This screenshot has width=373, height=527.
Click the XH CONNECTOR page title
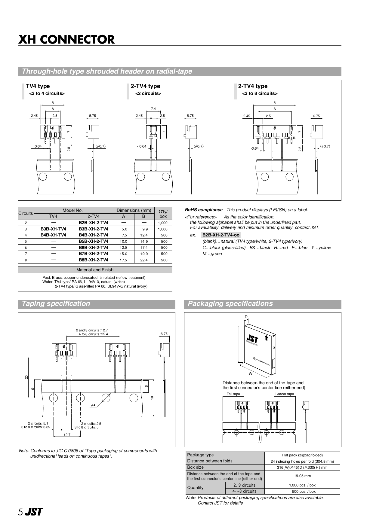coord(66,39)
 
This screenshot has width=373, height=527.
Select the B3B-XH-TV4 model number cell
coord(53,229)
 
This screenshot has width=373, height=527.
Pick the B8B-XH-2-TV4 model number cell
coord(94,260)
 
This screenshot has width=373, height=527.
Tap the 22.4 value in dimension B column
coord(144,260)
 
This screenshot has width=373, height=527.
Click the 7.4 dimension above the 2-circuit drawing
coord(153,109)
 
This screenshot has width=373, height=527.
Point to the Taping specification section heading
coord(56,303)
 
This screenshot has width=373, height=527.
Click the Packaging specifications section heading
coord(230,303)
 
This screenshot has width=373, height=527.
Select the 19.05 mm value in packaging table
coord(302,476)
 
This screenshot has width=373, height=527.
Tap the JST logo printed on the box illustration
coord(252,340)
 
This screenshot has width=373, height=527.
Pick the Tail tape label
coord(233,394)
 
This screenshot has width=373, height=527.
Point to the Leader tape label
coord(285,394)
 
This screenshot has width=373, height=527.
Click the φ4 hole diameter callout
coord(93,405)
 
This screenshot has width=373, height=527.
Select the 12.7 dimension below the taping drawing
coord(67,435)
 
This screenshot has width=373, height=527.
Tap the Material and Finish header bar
coord(95,270)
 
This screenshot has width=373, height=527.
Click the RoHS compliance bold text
coord(204,210)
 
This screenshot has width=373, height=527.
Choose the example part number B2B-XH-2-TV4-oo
coord(221,235)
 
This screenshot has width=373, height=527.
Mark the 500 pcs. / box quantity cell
coord(304,492)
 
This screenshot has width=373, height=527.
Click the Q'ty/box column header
coord(163,214)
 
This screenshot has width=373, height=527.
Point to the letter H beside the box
coord(236,344)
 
